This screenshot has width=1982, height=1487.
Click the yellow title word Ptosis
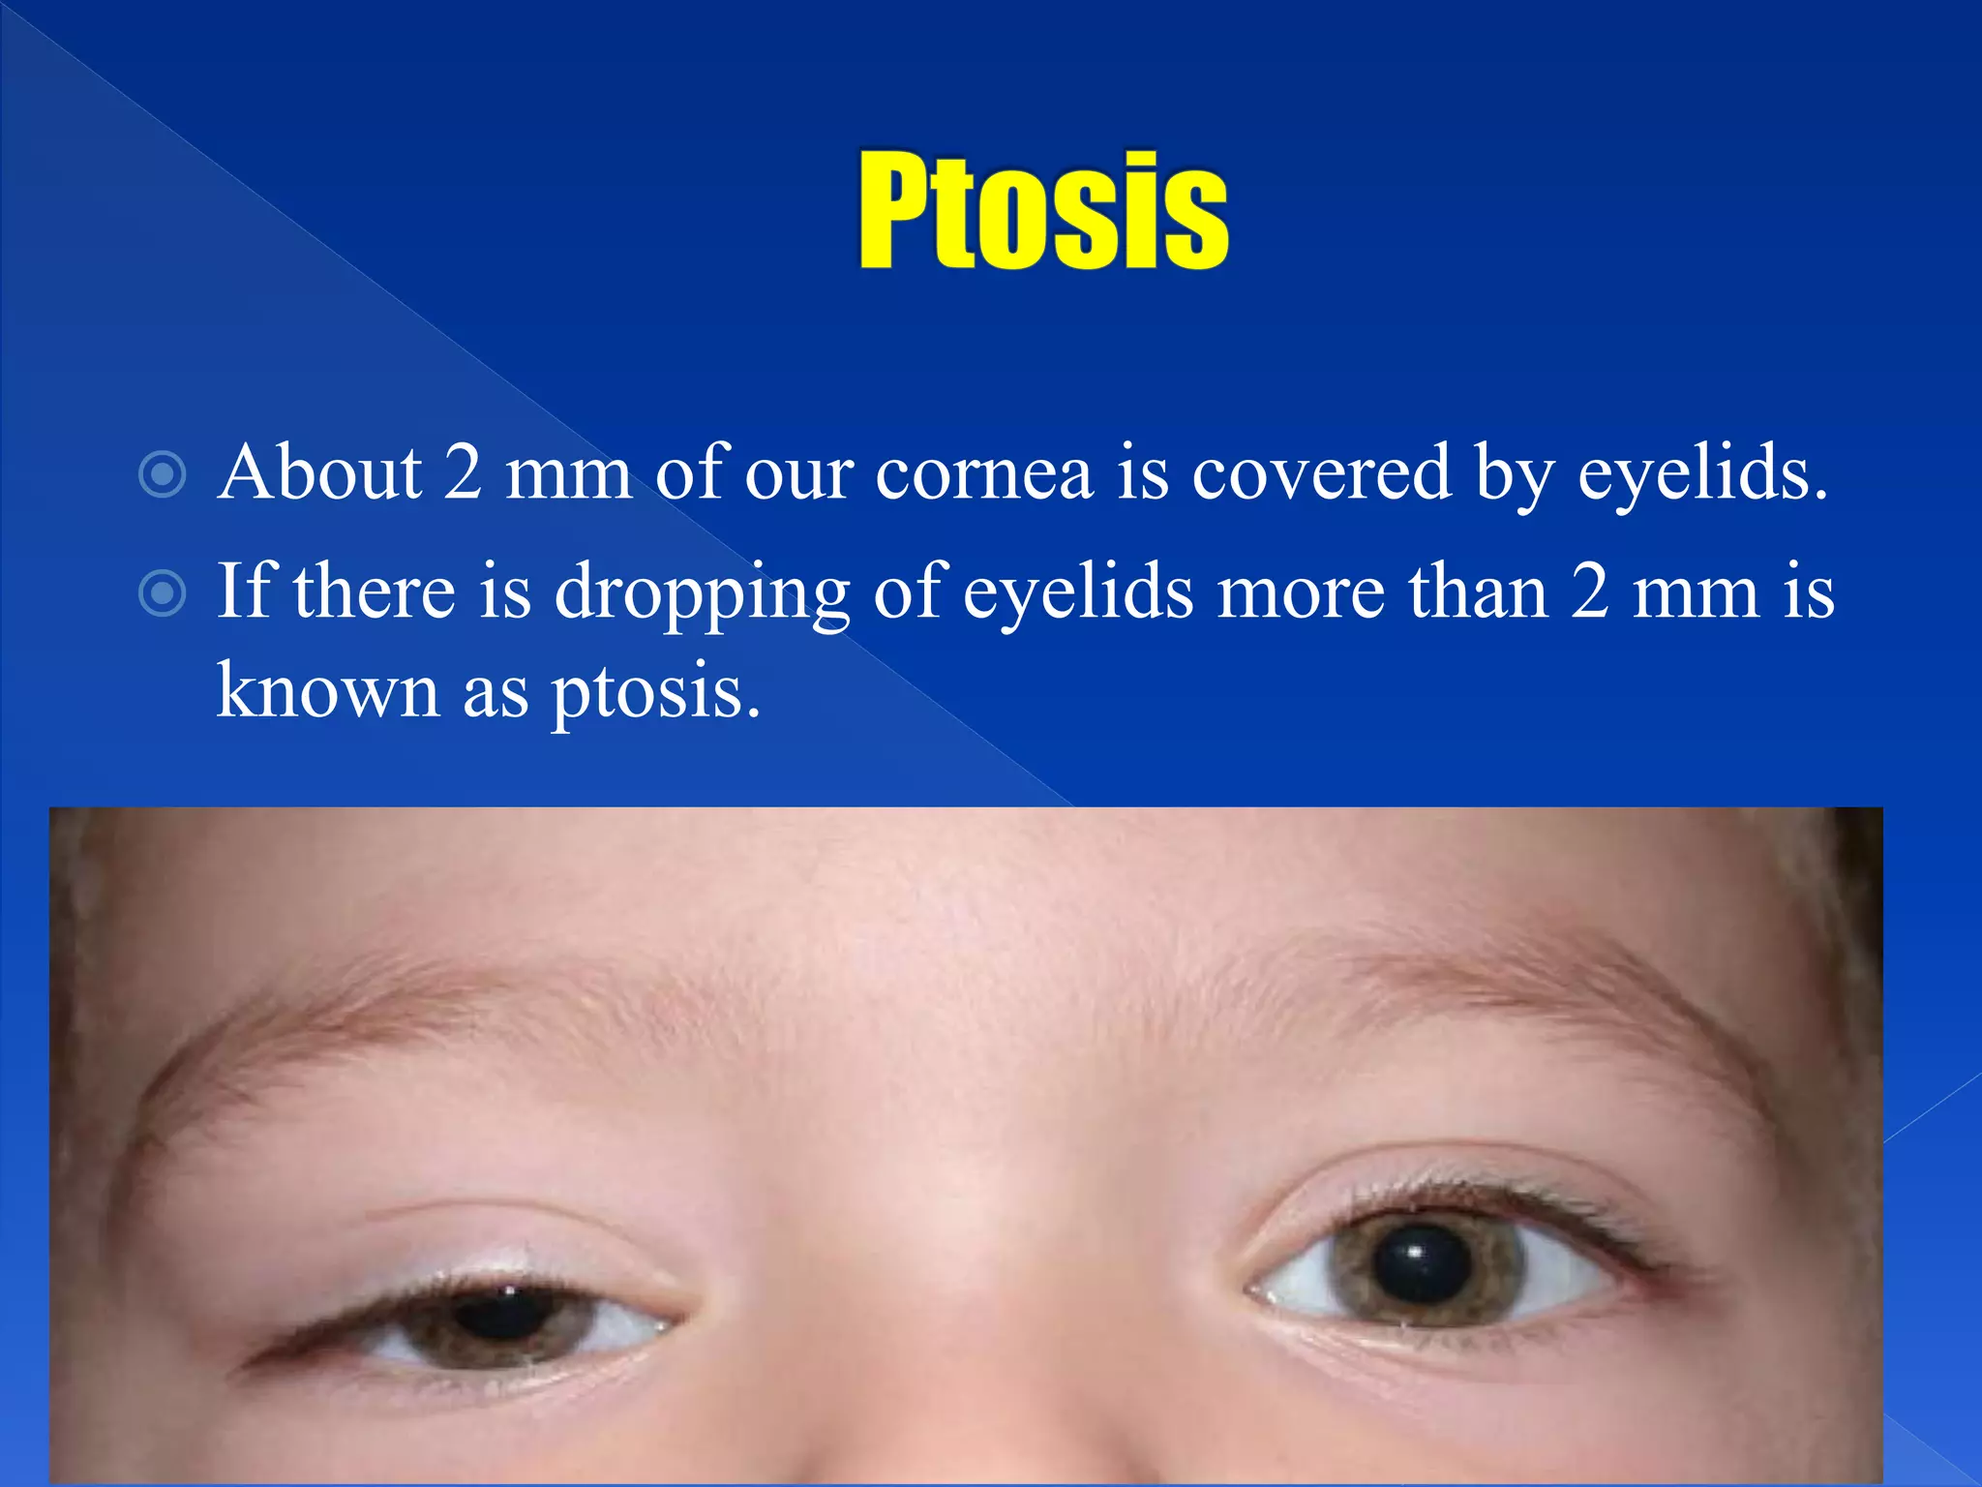(1043, 210)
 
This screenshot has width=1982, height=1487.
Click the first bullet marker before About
(162, 474)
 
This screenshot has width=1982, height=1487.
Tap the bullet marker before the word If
(162, 592)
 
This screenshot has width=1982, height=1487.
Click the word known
(327, 691)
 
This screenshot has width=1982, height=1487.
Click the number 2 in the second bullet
(1590, 592)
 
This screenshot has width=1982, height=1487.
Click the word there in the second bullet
(374, 592)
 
